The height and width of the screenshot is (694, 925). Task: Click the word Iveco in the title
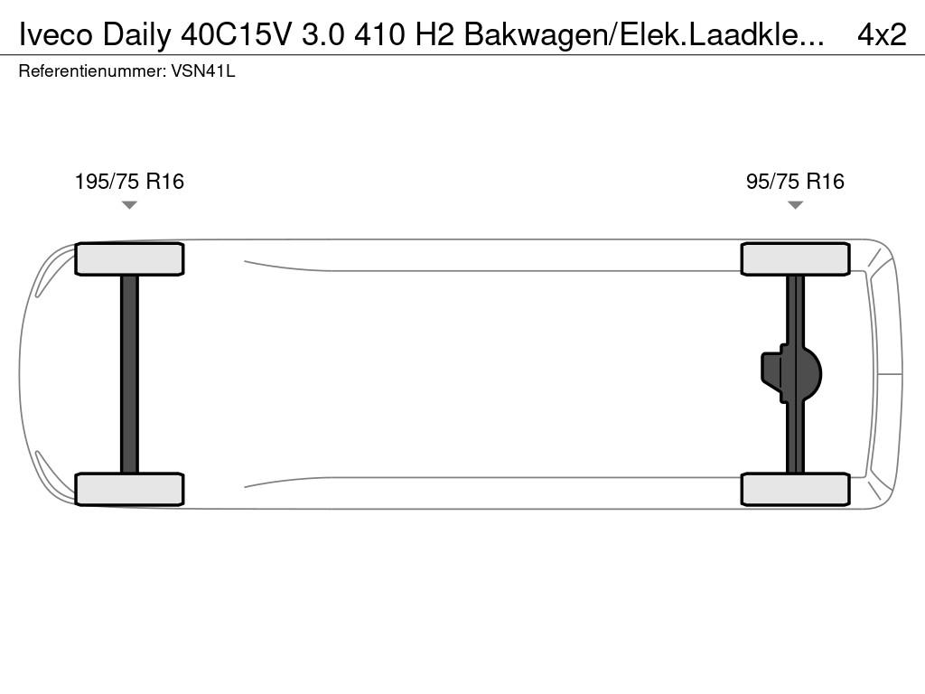tap(56, 35)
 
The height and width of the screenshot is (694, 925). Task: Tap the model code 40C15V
tap(236, 35)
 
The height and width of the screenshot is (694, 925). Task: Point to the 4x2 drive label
tap(882, 35)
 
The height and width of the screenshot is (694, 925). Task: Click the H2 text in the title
tap(434, 35)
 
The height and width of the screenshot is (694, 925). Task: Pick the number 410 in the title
tap(380, 35)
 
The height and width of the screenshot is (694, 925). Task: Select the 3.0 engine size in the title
tap(322, 35)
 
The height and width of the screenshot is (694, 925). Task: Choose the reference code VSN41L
tap(203, 71)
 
